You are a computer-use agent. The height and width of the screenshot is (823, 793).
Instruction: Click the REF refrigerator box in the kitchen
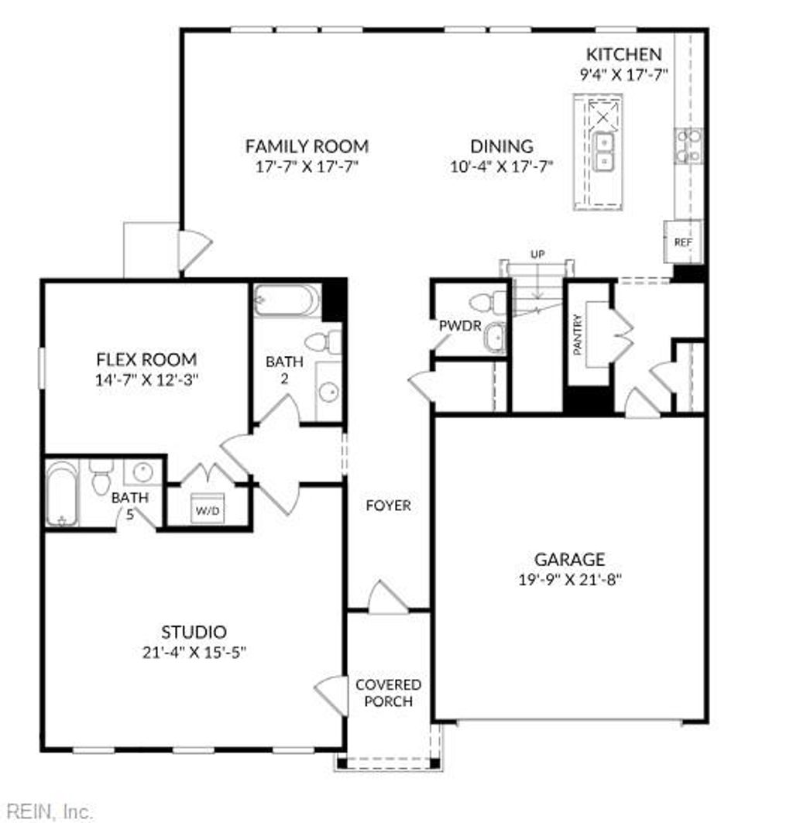tap(682, 242)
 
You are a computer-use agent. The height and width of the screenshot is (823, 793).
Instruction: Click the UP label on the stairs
tap(537, 254)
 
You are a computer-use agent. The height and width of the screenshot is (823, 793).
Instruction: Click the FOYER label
tap(388, 506)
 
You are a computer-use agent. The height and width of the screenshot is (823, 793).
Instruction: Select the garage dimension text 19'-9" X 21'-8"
tap(569, 578)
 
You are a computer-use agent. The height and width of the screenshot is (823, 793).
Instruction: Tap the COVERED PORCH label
tap(389, 693)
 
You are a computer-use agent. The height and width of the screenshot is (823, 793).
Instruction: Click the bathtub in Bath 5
tap(61, 493)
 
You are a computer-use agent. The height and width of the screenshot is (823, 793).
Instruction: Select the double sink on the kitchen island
tap(604, 151)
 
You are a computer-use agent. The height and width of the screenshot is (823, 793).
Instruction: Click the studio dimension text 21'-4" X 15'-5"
tap(194, 652)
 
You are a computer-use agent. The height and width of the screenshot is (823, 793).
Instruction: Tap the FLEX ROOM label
tap(146, 359)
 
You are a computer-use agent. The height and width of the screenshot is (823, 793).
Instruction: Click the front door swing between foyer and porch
tap(387, 598)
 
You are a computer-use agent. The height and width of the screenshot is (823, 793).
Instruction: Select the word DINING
tap(502, 146)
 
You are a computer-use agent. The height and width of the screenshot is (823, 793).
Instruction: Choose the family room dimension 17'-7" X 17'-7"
tap(307, 166)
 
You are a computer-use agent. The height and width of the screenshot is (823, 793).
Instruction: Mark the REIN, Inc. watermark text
tap(46, 811)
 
